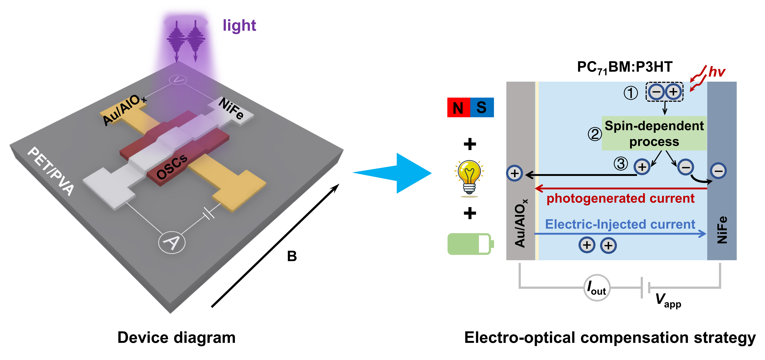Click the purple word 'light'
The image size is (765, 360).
[239, 26]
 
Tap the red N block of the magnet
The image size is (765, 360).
[459, 107]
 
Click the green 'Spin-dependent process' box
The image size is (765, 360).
[654, 133]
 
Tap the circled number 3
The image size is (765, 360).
[621, 164]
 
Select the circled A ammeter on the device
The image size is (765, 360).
[172, 242]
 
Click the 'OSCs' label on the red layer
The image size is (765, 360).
[172, 167]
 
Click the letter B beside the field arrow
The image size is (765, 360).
[292, 256]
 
